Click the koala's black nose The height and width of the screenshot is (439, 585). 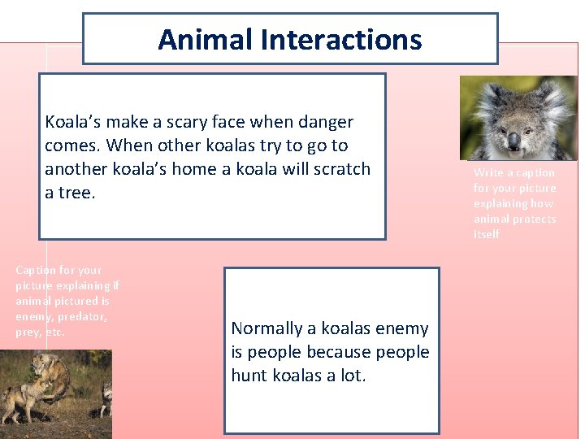point(513,141)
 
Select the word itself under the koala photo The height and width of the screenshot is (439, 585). point(487,235)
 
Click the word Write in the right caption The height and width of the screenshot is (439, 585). point(487,172)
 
